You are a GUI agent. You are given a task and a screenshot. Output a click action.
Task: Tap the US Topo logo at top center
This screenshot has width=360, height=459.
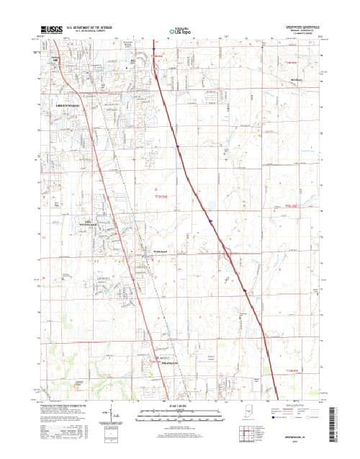[180, 31]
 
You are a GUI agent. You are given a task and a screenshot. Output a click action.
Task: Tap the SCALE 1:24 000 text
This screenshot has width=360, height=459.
[180, 406]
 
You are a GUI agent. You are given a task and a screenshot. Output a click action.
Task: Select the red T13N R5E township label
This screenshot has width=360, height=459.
[286, 207]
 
